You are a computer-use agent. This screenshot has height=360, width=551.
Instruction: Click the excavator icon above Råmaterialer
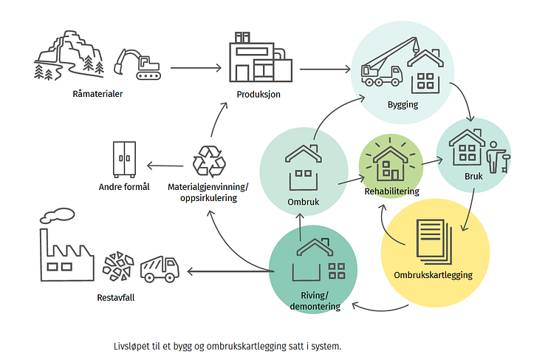[x=137, y=64]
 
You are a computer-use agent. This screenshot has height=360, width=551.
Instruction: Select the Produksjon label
[x=259, y=94]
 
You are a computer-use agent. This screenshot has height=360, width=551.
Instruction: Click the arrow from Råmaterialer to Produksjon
[x=196, y=67]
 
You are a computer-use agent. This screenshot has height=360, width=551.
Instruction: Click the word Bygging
[x=403, y=105]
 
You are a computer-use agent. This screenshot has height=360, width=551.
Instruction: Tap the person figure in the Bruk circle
[x=498, y=157]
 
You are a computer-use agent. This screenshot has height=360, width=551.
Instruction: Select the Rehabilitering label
[x=391, y=191]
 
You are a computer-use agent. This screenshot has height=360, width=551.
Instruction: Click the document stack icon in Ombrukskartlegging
[x=434, y=242]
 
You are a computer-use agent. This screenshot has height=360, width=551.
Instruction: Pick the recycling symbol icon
[x=209, y=161]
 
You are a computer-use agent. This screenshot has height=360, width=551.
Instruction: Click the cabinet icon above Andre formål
[x=124, y=160]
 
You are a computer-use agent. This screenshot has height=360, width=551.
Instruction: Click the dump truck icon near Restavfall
[x=160, y=269]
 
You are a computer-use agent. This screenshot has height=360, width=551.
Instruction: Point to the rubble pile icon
[x=118, y=266]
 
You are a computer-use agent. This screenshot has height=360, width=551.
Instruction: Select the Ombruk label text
[x=304, y=202]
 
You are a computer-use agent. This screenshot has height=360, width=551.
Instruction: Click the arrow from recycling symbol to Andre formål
[x=165, y=166]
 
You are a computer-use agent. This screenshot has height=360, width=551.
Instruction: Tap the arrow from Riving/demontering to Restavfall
[x=230, y=271]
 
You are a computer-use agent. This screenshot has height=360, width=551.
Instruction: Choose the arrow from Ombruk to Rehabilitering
[x=352, y=180]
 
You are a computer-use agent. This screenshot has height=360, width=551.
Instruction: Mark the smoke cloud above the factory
[x=58, y=216]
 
